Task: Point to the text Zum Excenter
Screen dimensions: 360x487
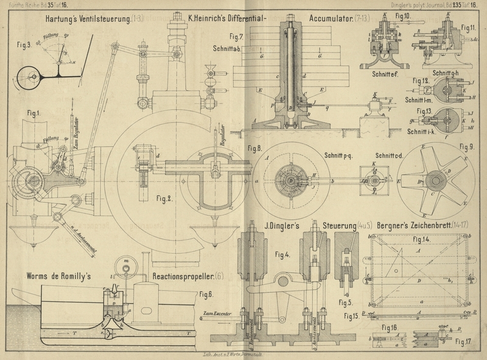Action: coord(215,313)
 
